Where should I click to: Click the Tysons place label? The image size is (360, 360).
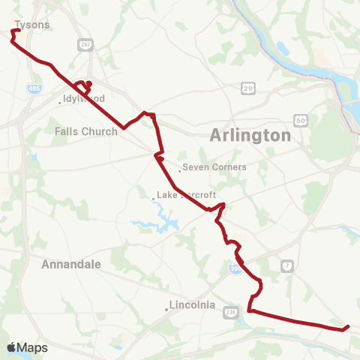(x=32, y=25)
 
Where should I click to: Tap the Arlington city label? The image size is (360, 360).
(x=250, y=136)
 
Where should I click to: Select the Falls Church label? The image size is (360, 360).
(x=86, y=131)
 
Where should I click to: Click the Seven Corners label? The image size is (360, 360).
(x=216, y=167)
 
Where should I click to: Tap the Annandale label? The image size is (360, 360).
(x=71, y=265)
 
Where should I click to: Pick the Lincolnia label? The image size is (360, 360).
(x=193, y=305)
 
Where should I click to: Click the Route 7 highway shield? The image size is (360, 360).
(x=287, y=265)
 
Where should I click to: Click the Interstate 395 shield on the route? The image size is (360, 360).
(x=235, y=268)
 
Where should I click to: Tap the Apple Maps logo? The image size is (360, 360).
(x=28, y=348)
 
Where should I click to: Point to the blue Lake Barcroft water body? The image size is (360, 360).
(x=146, y=223)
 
